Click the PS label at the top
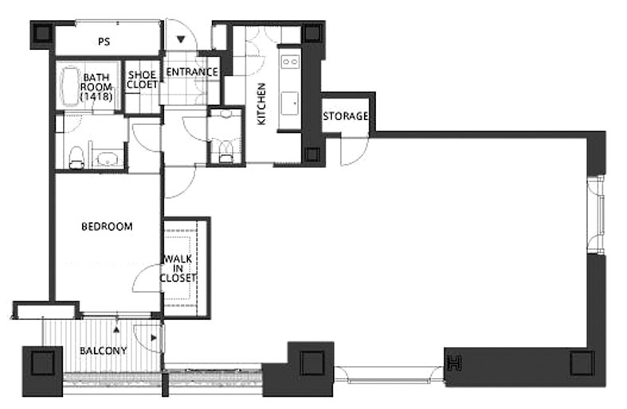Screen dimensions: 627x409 point(104,41)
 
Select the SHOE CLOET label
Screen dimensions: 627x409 point(142,80)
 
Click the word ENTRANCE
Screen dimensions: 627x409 point(192,72)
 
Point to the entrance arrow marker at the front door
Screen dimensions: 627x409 point(181,39)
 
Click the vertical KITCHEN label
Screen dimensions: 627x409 point(261,104)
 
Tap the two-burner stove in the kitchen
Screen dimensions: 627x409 point(290,61)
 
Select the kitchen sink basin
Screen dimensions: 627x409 point(289,103)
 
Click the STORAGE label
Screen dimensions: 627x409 point(346,116)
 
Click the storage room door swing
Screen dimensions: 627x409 point(354,151)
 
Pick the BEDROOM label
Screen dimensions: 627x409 point(107,227)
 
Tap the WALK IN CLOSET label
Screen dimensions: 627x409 point(178,268)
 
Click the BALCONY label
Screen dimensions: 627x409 point(103,351)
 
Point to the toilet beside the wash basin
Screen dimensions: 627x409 point(76,158)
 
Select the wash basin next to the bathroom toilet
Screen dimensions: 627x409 point(108,159)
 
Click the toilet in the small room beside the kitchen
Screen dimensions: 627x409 point(226,151)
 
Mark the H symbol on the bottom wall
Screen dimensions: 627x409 point(455,363)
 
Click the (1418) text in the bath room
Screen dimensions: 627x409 point(96,96)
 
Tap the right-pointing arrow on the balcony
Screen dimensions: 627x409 point(154,338)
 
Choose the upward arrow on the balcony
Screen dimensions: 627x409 point(116,329)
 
